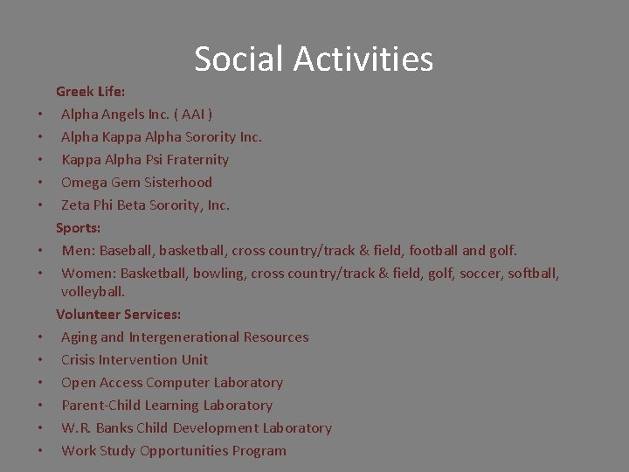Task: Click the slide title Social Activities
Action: pyautogui.click(x=314, y=59)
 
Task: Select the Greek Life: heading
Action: pyautogui.click(x=91, y=91)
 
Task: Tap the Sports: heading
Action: pyautogui.click(x=79, y=227)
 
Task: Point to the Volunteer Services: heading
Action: pyautogui.click(x=119, y=314)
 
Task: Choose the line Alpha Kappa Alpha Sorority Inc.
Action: pyautogui.click(x=162, y=136)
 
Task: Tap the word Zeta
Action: pyautogui.click(x=76, y=205)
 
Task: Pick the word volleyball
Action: pyautogui.click(x=93, y=291)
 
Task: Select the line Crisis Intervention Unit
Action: pyautogui.click(x=135, y=359)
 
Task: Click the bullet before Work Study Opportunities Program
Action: pyautogui.click(x=41, y=451)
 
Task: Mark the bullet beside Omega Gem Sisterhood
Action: pyautogui.click(x=41, y=183)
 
